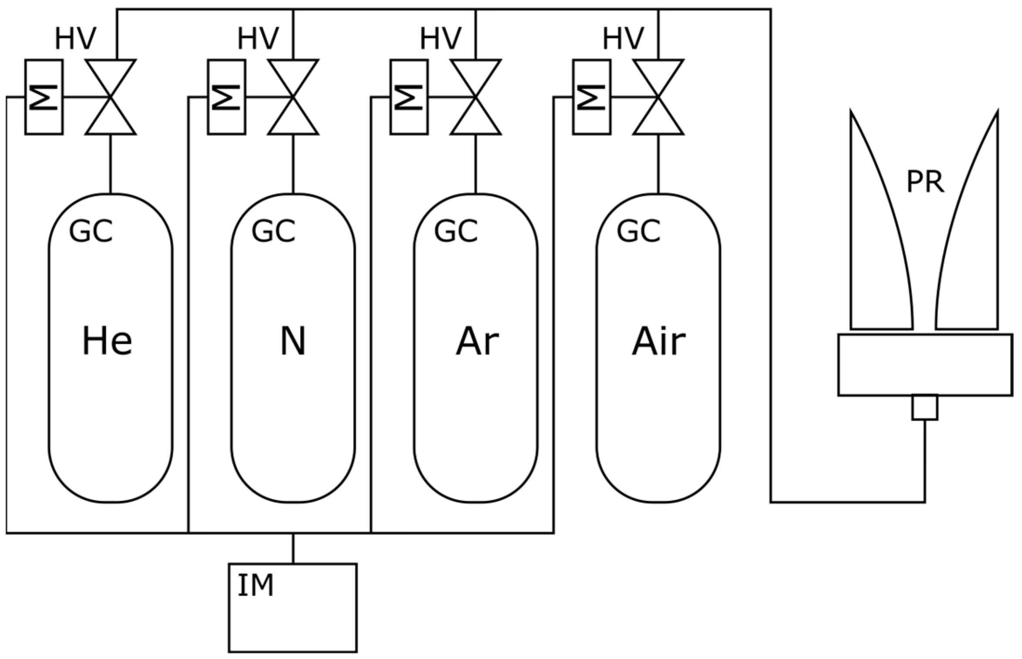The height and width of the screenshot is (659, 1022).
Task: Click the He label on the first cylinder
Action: [107, 341]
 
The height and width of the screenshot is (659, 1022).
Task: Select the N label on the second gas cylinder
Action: [293, 341]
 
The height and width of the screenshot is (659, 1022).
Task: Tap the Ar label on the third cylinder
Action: [477, 341]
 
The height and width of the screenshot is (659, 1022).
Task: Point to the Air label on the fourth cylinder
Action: [659, 341]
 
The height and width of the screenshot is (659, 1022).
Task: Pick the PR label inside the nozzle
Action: [925, 182]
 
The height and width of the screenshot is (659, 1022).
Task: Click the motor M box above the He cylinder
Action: [44, 97]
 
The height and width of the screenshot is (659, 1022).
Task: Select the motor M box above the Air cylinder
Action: [592, 97]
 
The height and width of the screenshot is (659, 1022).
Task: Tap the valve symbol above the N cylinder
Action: [293, 97]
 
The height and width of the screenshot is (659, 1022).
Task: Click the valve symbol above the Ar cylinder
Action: [476, 97]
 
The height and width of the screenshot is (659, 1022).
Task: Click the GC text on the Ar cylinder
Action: [456, 231]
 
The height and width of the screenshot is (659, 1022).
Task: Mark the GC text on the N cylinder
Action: [273, 231]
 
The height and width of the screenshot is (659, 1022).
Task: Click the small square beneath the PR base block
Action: [924, 408]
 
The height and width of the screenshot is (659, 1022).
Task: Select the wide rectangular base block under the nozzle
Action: [925, 365]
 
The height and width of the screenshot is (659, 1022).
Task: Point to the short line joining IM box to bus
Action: [293, 548]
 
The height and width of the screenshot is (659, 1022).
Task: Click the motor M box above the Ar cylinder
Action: [409, 97]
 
